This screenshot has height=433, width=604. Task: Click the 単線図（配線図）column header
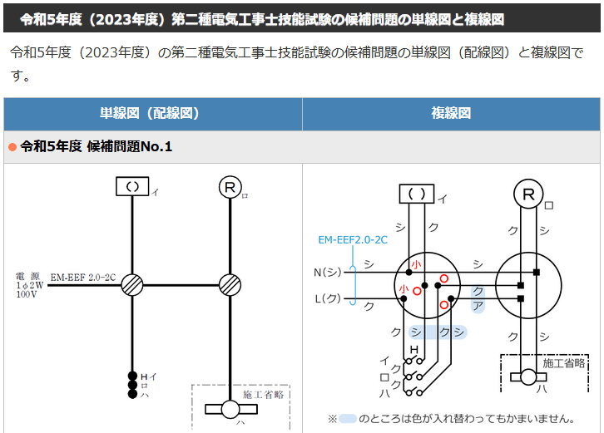tap(150, 113)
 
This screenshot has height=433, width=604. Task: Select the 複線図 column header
tap(451, 113)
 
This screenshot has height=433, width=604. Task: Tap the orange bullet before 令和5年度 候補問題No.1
tap(12, 147)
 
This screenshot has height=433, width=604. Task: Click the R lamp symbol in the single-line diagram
tap(230, 188)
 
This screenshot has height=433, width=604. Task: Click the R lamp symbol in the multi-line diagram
tap(528, 194)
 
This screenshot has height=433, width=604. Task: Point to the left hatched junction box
tap(132, 285)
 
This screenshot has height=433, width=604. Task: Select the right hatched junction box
tap(230, 285)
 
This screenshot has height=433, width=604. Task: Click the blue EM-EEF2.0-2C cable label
tap(353, 240)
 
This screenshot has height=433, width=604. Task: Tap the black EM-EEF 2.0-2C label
tap(83, 278)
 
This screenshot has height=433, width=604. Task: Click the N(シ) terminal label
tap(328, 272)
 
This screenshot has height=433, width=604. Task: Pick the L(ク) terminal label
tap(328, 298)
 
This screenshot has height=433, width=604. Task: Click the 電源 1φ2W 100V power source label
tap(29, 285)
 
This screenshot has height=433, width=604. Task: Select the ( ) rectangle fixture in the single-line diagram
tap(132, 186)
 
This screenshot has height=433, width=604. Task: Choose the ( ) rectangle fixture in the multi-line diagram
tap(417, 194)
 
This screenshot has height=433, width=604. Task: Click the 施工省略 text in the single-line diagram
tap(264, 395)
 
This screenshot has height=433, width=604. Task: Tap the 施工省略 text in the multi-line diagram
tap(564, 363)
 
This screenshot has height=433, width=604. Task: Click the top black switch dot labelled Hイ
tap(132, 376)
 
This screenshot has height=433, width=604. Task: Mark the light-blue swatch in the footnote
tap(347, 419)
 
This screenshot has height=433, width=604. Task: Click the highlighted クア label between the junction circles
tap(478, 298)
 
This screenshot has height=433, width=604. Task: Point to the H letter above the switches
tap(414, 350)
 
